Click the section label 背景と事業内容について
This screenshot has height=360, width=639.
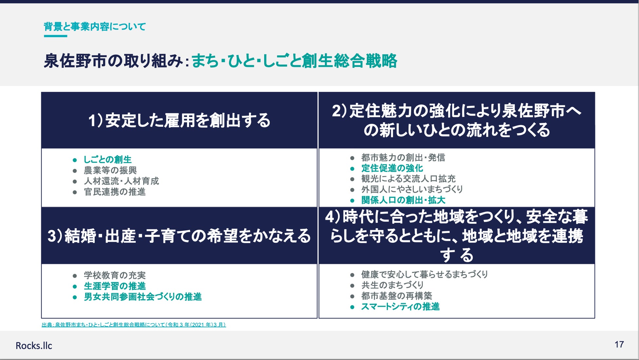[95, 27]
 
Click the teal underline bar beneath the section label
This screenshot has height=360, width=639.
[55, 36]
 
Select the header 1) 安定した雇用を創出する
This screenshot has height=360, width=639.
[179, 120]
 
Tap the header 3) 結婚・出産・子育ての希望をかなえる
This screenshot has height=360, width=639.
[179, 236]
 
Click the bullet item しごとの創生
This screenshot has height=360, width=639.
[107, 160]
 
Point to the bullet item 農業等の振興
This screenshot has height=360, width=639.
[110, 170]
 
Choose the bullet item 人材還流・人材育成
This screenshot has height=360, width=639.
[121, 181]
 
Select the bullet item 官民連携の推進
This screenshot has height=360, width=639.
[115, 192]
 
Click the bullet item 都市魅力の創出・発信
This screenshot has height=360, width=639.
[403, 158]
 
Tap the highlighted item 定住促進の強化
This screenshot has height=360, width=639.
[392, 168]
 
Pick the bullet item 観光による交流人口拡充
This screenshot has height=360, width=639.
[408, 179]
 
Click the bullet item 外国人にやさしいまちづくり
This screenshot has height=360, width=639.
[412, 189]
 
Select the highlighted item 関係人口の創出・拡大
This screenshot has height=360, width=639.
[403, 200]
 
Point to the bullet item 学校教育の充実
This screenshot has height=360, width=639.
[115, 275]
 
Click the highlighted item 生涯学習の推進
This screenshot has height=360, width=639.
[115, 286]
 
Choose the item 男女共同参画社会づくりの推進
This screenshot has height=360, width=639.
[143, 297]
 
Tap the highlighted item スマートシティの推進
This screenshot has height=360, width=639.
[400, 307]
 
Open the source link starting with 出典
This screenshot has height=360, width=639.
[134, 325]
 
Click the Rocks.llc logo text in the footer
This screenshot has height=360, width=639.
[34, 346]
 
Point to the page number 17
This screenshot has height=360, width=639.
[619, 345]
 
